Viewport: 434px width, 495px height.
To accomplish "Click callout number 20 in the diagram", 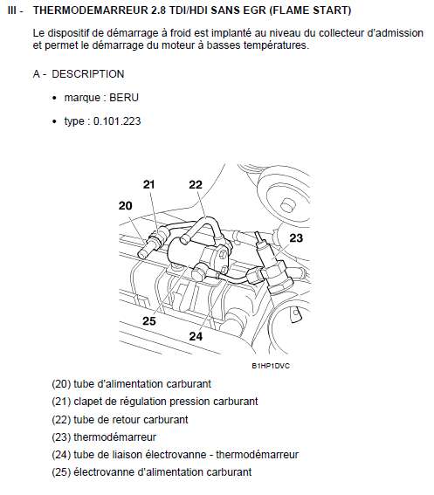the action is pos(126,205).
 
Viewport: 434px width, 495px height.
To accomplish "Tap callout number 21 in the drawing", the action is pos(148,184).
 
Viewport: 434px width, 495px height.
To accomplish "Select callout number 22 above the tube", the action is pos(196,184).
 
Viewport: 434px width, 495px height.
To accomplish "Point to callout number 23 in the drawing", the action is pos(296,237).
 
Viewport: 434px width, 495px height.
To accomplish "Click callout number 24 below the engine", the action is pos(196,336).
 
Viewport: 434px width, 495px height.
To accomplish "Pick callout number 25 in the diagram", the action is pos(149,320).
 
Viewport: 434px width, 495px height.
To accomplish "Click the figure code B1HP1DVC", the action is pos(271,366).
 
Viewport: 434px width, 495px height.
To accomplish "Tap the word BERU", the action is pos(124,98).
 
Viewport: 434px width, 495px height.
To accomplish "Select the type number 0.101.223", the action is pos(117,121).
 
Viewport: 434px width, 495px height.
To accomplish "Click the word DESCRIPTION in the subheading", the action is pos(88,74).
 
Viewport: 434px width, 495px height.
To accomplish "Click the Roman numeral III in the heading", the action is pos(11,10).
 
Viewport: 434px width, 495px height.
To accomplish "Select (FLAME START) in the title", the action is pos(311,10).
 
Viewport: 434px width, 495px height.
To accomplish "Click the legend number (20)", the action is pos(61,384).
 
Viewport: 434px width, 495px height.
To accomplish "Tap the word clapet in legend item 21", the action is pos(84,402).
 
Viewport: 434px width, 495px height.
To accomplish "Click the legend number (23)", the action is pos(61,437).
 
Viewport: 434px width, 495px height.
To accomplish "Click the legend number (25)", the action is pos(61,472).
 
